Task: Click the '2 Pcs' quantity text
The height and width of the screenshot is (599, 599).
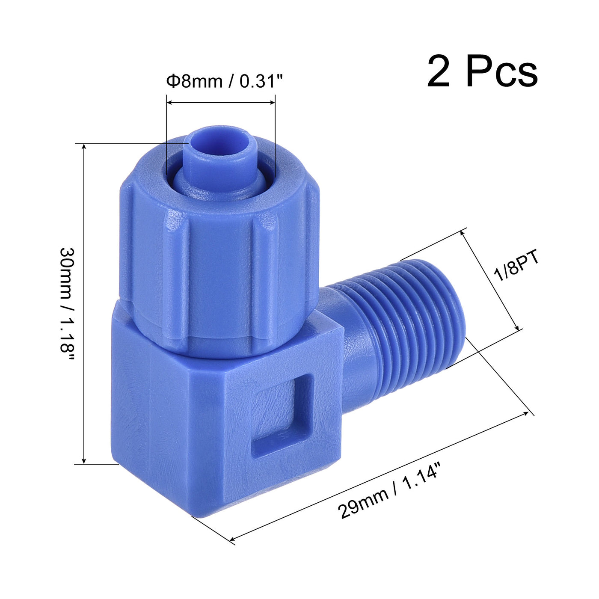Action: click(482, 72)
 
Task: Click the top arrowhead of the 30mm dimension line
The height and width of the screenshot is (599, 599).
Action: click(84, 147)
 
